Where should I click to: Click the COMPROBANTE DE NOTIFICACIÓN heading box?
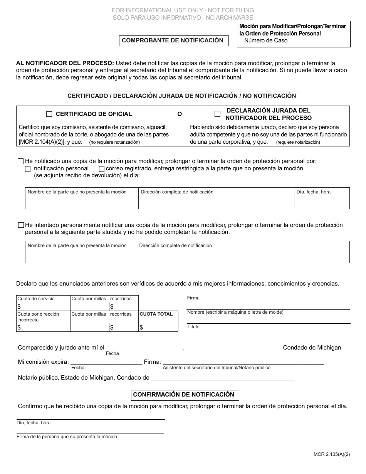point(173,40)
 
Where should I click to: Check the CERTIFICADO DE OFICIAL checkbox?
point(49,114)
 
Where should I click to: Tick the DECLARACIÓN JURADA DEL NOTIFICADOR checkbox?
point(217,114)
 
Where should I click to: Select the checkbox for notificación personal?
point(28,169)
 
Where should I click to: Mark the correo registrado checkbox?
point(102,169)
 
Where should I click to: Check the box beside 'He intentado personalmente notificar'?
point(21,225)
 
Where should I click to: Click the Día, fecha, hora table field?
point(322,198)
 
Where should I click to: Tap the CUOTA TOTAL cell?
point(158,321)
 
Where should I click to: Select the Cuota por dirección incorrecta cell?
point(43,321)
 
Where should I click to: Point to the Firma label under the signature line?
point(193,298)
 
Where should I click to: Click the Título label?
point(193,327)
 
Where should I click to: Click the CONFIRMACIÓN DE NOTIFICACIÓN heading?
point(183,395)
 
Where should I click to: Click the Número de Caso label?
point(265,40)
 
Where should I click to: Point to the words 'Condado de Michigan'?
point(312,348)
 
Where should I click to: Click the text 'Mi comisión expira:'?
point(44,362)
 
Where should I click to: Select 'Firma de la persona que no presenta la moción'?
point(67,437)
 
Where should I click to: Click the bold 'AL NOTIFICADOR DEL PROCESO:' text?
point(65,63)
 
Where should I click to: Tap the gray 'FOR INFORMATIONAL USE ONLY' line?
point(183,10)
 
